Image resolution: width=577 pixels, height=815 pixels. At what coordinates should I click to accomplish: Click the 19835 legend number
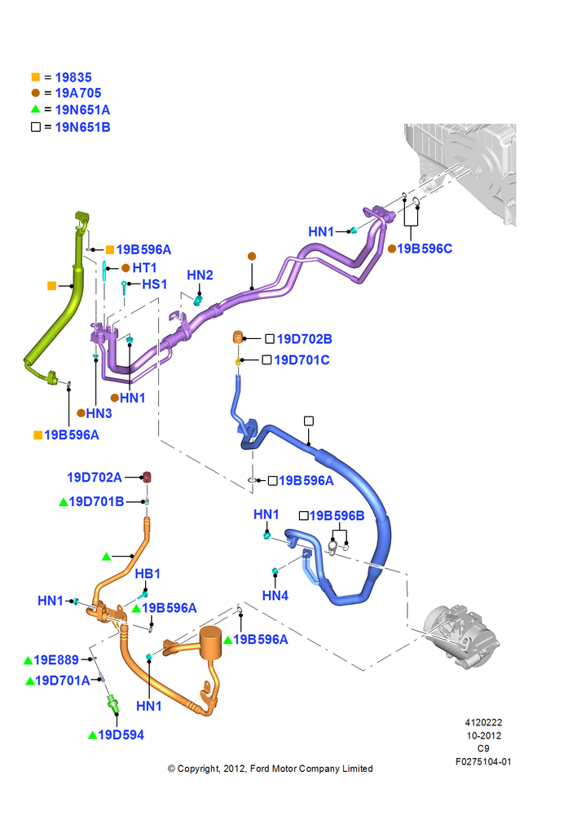click(73, 77)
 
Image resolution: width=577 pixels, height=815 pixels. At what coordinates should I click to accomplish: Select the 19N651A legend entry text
click(82, 110)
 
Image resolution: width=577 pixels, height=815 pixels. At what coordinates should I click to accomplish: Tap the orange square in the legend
click(35, 77)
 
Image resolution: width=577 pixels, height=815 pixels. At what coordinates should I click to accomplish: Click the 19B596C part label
click(425, 249)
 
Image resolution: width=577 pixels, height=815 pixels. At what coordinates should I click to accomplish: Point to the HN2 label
click(200, 275)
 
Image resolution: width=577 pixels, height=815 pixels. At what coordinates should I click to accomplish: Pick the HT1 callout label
click(144, 267)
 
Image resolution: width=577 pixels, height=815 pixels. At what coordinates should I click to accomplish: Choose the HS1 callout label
click(154, 284)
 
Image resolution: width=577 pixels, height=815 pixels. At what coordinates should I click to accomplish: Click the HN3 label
click(99, 413)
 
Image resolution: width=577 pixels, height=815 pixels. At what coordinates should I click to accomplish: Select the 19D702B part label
click(304, 339)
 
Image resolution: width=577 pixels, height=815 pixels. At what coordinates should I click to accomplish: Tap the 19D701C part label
click(302, 360)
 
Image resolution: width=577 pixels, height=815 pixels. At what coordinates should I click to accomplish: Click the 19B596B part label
click(337, 516)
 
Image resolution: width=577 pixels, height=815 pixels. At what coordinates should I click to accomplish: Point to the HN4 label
click(275, 596)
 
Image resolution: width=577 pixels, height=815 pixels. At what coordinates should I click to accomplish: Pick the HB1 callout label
click(148, 574)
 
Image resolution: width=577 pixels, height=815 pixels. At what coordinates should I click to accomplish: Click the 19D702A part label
click(95, 477)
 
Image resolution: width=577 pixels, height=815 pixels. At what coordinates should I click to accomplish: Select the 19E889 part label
click(56, 660)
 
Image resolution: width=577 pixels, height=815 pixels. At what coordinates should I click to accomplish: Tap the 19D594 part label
click(121, 735)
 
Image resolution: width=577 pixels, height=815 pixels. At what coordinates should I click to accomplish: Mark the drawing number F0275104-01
click(483, 762)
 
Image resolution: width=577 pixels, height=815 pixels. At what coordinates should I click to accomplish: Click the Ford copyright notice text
click(271, 769)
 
